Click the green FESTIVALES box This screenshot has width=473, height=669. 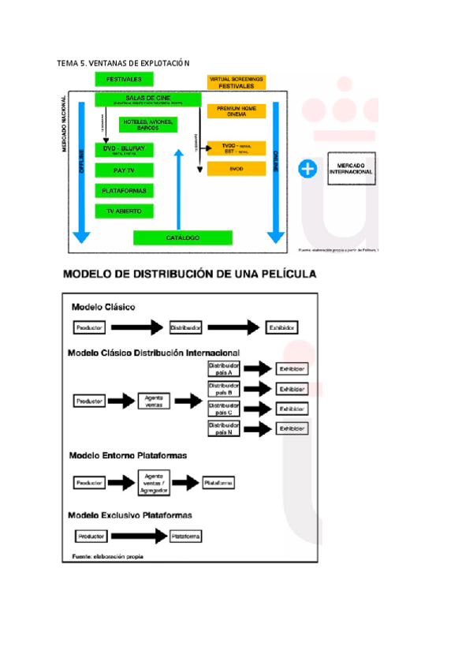point(124,80)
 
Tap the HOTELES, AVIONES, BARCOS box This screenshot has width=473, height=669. point(148,125)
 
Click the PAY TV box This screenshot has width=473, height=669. point(124,170)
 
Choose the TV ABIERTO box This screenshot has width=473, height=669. point(124,211)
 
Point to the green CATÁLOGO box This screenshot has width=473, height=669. point(183,237)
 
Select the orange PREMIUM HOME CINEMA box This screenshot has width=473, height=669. point(236,110)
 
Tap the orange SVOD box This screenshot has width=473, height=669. point(236,169)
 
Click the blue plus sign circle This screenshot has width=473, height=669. point(308,168)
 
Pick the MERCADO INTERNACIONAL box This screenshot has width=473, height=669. point(351,167)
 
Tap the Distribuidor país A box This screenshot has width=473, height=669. point(223,368)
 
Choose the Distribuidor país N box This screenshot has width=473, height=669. point(223,428)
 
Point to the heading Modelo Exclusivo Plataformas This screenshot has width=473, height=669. point(130,515)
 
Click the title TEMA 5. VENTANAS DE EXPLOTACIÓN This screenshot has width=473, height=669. point(124,62)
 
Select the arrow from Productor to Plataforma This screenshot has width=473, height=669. point(139,536)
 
